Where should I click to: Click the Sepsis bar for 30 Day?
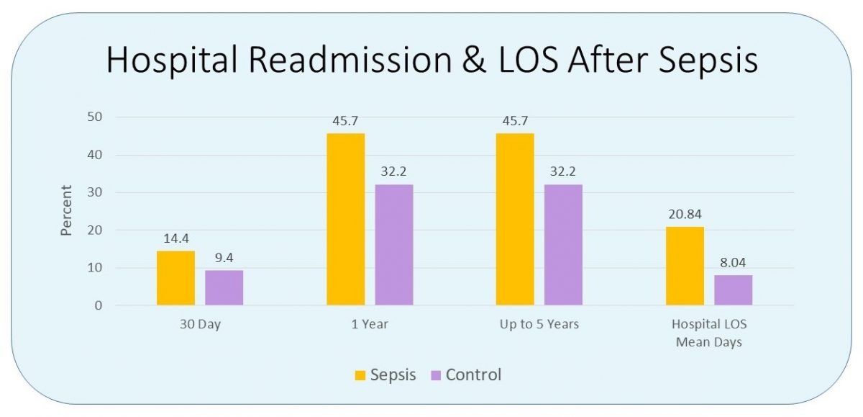pyautogui.click(x=175, y=278)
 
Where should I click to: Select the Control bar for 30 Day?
pyautogui.click(x=224, y=287)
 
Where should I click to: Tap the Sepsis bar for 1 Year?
pyautogui.click(x=345, y=219)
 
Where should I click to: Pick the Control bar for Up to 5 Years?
pyautogui.click(x=563, y=245)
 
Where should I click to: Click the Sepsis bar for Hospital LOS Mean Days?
pyautogui.click(x=685, y=266)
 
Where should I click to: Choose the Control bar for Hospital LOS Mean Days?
pyautogui.click(x=733, y=290)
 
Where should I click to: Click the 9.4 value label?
pyautogui.click(x=224, y=258)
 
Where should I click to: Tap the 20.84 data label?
pyautogui.click(x=685, y=215)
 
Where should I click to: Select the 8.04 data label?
pyautogui.click(x=733, y=263)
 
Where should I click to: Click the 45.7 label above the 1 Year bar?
pyautogui.click(x=345, y=121)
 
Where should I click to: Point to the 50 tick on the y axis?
pyautogui.click(x=94, y=117)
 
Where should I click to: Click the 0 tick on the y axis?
pyautogui.click(x=98, y=305)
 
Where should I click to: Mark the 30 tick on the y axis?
pyautogui.click(x=94, y=192)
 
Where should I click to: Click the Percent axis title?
pyautogui.click(x=66, y=211)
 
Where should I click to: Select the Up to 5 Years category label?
pyautogui.click(x=539, y=325)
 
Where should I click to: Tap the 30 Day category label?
pyautogui.click(x=200, y=325)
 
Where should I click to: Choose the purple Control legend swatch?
pyautogui.click(x=435, y=375)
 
